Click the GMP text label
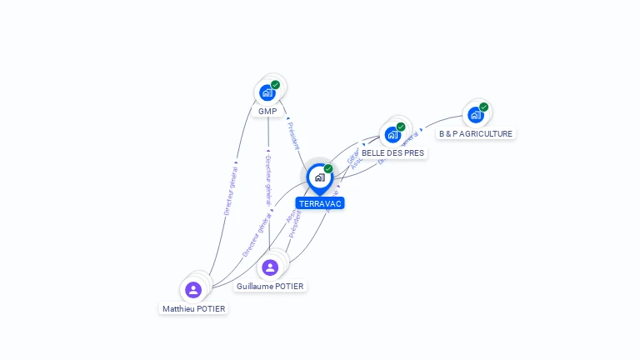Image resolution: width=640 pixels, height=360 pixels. click(x=267, y=111)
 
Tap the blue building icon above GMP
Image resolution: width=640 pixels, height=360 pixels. click(x=267, y=92)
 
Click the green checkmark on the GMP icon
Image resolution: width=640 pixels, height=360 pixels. click(x=275, y=84)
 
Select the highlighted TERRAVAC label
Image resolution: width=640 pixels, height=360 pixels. click(x=320, y=203)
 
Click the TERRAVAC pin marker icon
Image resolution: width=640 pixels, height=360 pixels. click(x=319, y=177)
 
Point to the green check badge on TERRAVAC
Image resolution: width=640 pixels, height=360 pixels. click(x=328, y=168)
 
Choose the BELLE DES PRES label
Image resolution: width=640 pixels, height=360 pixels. click(x=392, y=153)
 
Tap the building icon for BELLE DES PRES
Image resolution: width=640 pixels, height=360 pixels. click(x=392, y=135)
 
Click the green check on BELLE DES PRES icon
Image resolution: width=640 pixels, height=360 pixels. click(x=401, y=127)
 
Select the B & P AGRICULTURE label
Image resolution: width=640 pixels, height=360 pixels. click(x=476, y=133)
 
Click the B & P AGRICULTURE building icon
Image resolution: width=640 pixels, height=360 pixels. click(x=475, y=115)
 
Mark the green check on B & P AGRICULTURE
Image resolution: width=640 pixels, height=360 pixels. click(x=483, y=107)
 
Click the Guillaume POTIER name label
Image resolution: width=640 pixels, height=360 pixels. click(x=270, y=286)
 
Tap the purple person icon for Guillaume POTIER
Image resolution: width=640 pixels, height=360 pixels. click(x=269, y=267)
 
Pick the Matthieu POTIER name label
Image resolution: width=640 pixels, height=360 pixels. click(x=194, y=308)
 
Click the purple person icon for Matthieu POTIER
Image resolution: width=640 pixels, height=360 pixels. click(x=193, y=290)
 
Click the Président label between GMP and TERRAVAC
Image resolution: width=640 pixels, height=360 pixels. click(x=293, y=136)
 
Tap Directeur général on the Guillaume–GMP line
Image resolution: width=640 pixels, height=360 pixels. click(x=267, y=180)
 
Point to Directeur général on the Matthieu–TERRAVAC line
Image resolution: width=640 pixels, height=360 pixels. click(x=256, y=236)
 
